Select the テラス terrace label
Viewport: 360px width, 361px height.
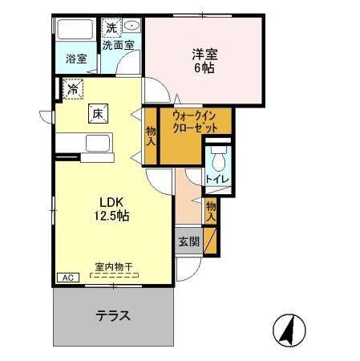pyautogui.click(x=113, y=315)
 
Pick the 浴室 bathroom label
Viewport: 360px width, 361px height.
pyautogui.click(x=76, y=59)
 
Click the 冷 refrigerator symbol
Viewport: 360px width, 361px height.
pyautogui.click(x=73, y=86)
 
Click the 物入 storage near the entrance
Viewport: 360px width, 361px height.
pyautogui.click(x=210, y=210)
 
